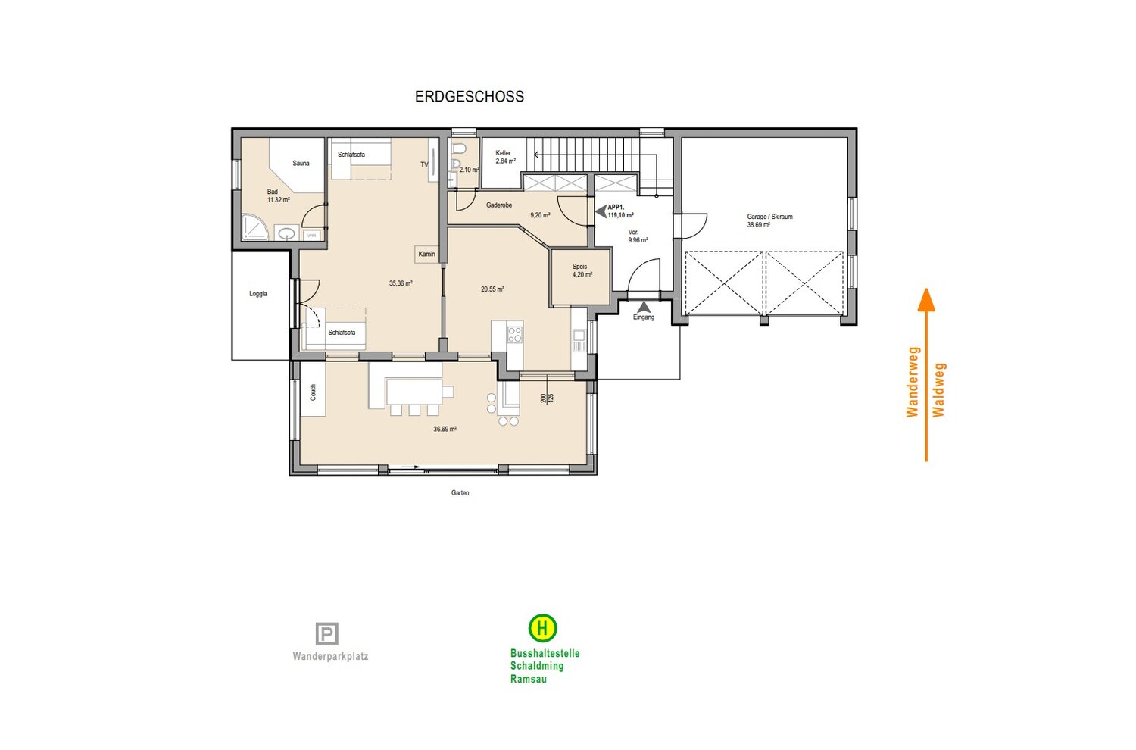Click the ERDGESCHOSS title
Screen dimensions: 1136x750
click(469, 96)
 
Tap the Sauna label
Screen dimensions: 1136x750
click(301, 164)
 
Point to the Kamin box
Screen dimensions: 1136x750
click(426, 254)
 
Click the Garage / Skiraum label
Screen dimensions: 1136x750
click(769, 217)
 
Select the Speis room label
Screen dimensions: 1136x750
click(579, 267)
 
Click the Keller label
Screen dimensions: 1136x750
click(503, 153)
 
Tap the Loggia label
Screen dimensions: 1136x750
click(257, 294)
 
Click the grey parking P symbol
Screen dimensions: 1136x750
click(326, 634)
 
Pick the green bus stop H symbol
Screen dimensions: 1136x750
click(543, 628)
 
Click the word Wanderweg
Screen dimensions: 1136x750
click(913, 382)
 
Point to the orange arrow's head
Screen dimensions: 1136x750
click(926, 299)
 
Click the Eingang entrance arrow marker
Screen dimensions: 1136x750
click(644, 307)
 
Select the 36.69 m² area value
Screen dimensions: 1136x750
click(445, 430)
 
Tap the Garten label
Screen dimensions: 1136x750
click(460, 492)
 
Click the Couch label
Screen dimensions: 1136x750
click(313, 392)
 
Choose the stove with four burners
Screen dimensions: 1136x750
click(515, 335)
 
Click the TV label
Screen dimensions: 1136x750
click(424, 164)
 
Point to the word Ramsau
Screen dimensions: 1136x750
click(529, 679)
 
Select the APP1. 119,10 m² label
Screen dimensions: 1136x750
click(620, 211)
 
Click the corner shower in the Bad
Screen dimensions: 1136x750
click(254, 227)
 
